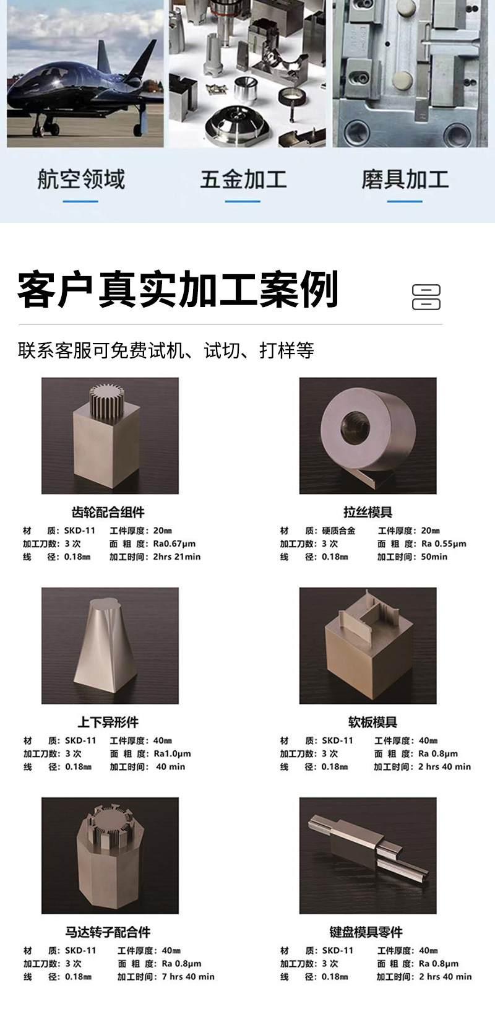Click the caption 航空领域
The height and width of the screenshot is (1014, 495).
pos(81,179)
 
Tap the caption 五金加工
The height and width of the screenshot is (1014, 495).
pos(243,179)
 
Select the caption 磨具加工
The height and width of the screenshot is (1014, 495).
pos(405,179)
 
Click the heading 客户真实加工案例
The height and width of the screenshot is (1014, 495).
pos(178,289)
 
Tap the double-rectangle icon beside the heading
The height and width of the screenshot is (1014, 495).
pos(426,297)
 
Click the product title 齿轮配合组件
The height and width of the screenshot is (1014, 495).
pos(108,512)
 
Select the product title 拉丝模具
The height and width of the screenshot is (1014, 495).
pos(368,512)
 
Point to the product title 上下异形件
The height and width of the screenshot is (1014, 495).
pos(108,722)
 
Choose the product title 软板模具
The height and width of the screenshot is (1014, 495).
pos(372,722)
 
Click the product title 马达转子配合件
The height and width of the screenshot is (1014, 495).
pos(108,932)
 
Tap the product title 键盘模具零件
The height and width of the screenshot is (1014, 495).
pos(366,932)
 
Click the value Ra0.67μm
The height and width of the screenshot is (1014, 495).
pos(174,544)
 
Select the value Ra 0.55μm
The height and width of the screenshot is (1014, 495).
pos(444,544)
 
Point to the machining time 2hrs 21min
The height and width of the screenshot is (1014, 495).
pos(177,557)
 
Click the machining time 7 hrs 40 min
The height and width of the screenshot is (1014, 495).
pos(188,976)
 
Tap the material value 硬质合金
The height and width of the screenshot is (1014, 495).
pos(339,531)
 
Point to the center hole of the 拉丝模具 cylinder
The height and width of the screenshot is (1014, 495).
pos(355,425)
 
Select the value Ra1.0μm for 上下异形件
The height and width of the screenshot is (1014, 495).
pos(173,753)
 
